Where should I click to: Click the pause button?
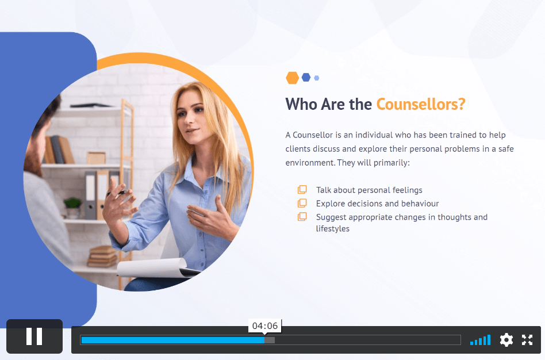click(34, 336)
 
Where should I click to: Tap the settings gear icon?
click(506, 340)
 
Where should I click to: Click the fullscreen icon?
click(527, 340)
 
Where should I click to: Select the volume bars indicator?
click(480, 340)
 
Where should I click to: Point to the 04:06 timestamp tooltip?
click(265, 326)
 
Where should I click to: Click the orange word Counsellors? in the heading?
click(421, 104)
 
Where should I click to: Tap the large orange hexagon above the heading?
click(292, 78)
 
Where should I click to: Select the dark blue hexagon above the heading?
click(306, 78)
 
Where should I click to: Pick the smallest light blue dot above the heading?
click(316, 78)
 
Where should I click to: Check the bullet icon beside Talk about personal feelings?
click(302, 190)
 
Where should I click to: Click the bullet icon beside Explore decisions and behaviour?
click(302, 203)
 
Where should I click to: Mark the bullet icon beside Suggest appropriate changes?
click(302, 217)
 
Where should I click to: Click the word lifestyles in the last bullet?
click(333, 228)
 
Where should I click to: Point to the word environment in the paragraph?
click(310, 163)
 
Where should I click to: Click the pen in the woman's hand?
click(118, 192)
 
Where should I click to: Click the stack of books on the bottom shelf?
click(102, 256)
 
